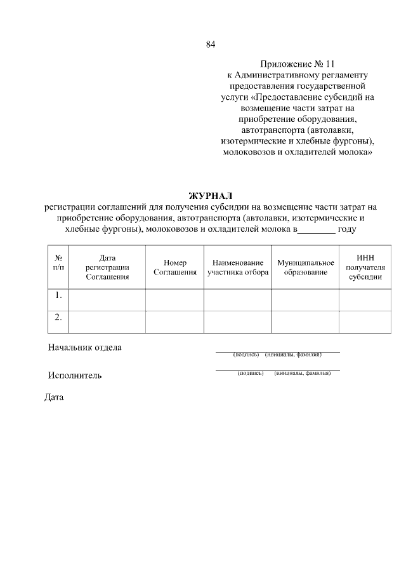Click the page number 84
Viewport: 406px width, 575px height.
(x=211, y=44)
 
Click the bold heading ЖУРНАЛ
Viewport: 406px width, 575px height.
(x=211, y=195)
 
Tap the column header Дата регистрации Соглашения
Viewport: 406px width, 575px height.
(x=107, y=267)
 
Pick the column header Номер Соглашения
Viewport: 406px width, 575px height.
(x=174, y=267)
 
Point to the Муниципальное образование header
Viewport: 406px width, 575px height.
(x=305, y=267)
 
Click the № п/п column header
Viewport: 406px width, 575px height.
(x=58, y=263)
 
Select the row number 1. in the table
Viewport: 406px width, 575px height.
(x=58, y=295)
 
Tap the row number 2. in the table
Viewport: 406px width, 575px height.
(x=58, y=318)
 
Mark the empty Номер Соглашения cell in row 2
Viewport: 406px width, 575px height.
(x=174, y=322)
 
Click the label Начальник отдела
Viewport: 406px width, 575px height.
(x=85, y=348)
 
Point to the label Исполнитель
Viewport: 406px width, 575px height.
(x=75, y=375)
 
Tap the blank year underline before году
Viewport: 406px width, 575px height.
(x=316, y=230)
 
